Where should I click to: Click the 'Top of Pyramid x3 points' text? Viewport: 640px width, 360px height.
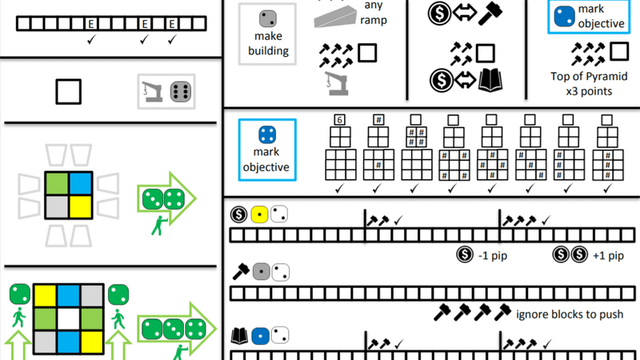[593, 83]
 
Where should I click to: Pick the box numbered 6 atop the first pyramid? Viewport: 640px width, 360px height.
[339, 120]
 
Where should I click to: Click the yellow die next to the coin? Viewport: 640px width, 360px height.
[259, 214]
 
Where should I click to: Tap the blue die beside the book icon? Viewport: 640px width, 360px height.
[259, 335]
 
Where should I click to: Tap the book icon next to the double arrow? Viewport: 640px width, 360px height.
[487, 80]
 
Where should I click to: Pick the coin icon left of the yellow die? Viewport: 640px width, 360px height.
[238, 214]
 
